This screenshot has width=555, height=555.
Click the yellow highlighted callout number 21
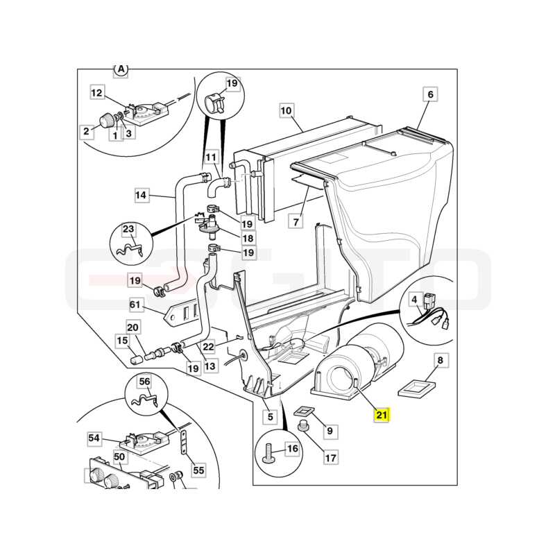click(381, 414)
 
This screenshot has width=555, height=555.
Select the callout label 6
click(430, 94)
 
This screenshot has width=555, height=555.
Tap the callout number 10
click(286, 110)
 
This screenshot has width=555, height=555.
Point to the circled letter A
click(121, 70)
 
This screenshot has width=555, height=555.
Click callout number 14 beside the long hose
click(141, 195)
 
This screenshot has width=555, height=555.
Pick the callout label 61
click(135, 305)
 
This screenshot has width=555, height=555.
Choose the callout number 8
click(441, 360)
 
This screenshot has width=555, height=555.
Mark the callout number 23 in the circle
click(128, 229)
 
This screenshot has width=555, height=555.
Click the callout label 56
click(144, 382)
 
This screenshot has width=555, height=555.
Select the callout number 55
click(198, 470)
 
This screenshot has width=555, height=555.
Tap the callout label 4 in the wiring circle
click(414, 300)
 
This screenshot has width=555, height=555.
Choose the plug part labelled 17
click(302, 425)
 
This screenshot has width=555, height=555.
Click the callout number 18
click(248, 238)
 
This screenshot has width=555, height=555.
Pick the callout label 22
click(208, 346)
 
